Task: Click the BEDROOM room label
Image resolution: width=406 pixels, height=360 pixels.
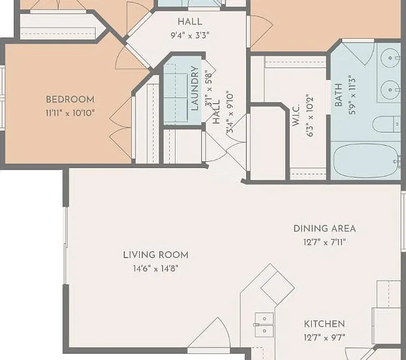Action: click(x=70, y=99)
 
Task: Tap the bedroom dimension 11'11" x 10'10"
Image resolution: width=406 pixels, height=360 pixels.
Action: click(x=70, y=113)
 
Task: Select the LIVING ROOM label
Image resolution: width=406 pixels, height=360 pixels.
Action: click(x=156, y=255)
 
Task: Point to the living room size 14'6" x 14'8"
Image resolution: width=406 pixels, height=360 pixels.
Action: click(x=156, y=269)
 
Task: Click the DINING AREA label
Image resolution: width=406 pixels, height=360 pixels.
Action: click(x=324, y=229)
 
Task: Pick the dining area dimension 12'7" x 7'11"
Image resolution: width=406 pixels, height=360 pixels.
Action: click(x=324, y=242)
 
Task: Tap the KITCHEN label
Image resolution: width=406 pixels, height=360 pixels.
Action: click(x=324, y=324)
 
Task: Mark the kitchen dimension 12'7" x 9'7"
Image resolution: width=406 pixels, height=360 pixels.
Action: click(x=324, y=337)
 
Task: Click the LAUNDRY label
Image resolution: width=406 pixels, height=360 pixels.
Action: click(x=195, y=88)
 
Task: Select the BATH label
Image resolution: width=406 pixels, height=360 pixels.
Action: click(x=339, y=95)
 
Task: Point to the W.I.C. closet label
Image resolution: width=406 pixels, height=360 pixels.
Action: click(x=295, y=116)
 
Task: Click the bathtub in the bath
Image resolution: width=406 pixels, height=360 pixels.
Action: click(x=366, y=161)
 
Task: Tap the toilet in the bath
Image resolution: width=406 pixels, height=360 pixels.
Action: click(x=387, y=124)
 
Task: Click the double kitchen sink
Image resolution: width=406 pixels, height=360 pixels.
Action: click(x=264, y=325)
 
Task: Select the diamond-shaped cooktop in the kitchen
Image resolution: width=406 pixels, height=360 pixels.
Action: click(x=277, y=288)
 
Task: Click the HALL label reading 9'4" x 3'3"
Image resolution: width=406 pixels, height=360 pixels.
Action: click(x=190, y=29)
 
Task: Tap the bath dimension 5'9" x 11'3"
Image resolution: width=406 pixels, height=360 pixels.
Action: click(x=352, y=95)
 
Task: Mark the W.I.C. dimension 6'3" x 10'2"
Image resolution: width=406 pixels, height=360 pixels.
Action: click(x=310, y=116)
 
